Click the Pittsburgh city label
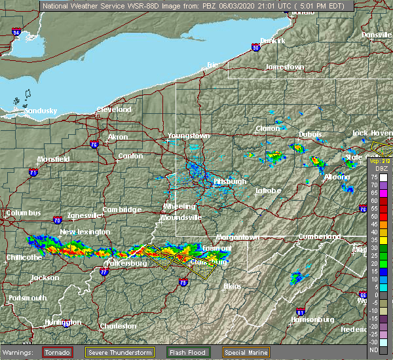pos(230,181)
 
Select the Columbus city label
pos(23,213)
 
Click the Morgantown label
pos(238,236)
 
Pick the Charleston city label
pos(118,326)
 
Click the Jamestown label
pos(285,67)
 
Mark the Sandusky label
pos(41,111)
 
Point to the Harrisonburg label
pos(312,320)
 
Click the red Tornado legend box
pos(58,352)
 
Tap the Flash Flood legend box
pos(189,352)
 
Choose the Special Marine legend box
pos(248,352)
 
